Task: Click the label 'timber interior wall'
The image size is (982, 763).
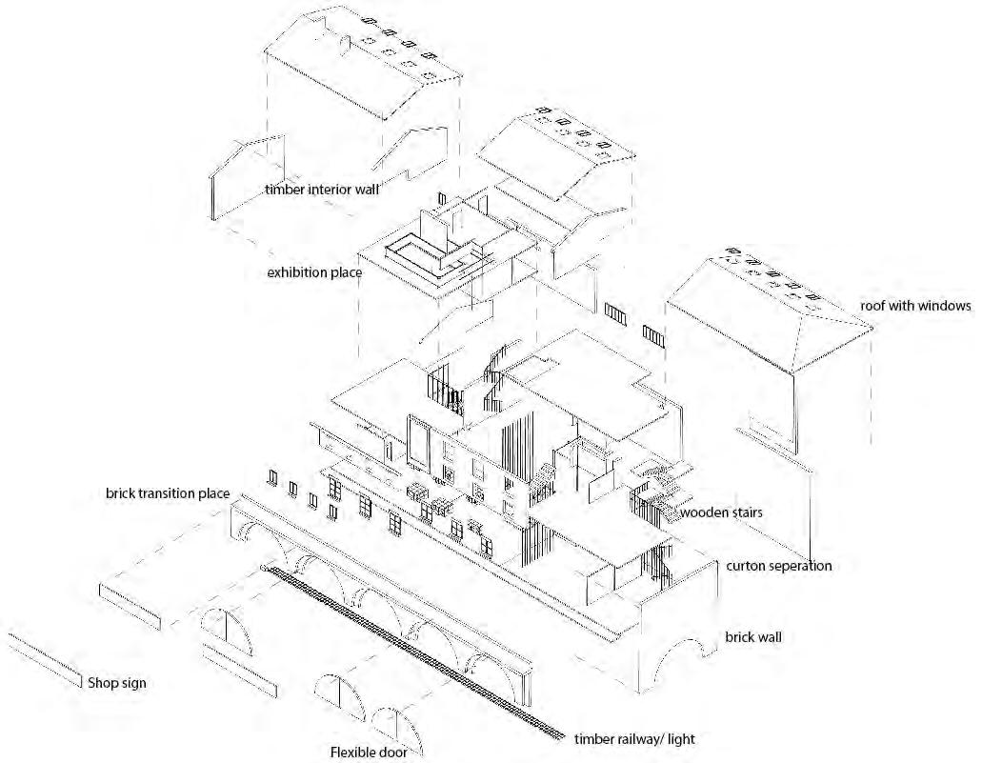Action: [322, 190]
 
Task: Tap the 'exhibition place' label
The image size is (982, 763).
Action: [314, 273]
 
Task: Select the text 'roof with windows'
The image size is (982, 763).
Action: [914, 306]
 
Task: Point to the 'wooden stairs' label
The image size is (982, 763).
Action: [721, 512]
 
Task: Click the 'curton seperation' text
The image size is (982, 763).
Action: [778, 566]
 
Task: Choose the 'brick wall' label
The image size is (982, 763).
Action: [752, 636]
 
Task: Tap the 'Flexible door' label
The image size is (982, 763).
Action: [369, 753]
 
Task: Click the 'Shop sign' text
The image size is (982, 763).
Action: [117, 683]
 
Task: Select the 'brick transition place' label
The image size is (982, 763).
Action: [168, 493]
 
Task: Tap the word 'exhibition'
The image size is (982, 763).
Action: [295, 273]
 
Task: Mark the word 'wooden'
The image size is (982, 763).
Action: [702, 512]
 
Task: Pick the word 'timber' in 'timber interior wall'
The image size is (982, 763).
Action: [284, 190]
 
